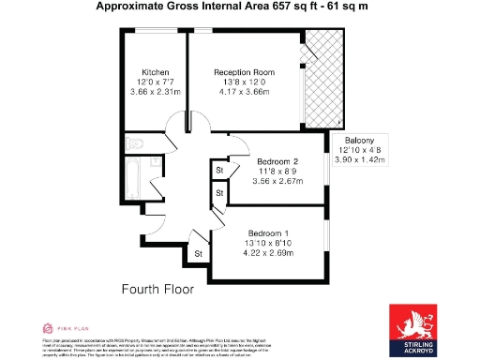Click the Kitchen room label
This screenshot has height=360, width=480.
tap(155, 72)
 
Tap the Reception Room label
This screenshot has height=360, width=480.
tap(244, 72)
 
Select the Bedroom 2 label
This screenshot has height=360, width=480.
tap(277, 161)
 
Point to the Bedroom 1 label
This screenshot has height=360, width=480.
tap(268, 232)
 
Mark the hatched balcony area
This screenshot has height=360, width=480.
tap(317, 80)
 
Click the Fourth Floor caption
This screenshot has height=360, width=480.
tap(157, 290)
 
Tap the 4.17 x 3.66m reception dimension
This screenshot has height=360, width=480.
tap(244, 92)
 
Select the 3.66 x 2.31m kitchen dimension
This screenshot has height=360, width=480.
tap(155, 92)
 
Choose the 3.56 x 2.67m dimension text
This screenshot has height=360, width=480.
tap(277, 182)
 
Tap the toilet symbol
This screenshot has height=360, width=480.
tap(134, 143)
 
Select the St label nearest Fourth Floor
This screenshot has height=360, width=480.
tap(198, 253)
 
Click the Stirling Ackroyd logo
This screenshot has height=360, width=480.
tap(418, 332)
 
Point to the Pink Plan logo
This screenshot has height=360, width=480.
tap(57, 328)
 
